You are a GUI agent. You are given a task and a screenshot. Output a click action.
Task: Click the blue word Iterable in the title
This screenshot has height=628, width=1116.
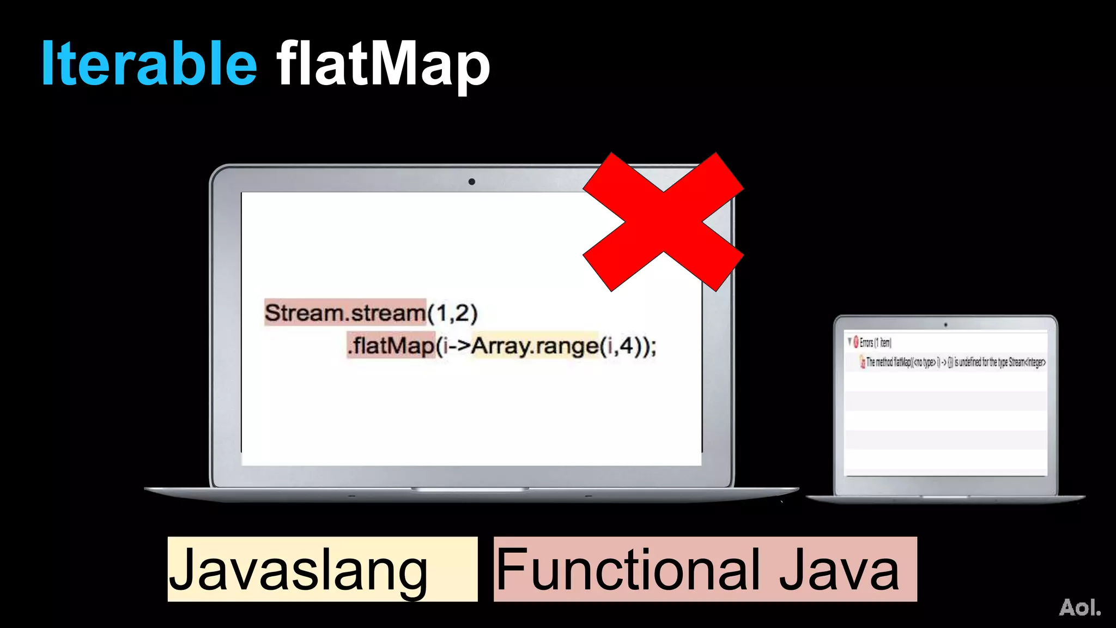pos(149,64)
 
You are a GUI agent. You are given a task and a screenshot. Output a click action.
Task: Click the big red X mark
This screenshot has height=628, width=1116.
pos(663,222)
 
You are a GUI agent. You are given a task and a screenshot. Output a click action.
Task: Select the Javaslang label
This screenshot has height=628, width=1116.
pos(298,569)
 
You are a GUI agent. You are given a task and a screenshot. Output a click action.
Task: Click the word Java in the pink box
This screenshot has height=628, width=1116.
pos(839,569)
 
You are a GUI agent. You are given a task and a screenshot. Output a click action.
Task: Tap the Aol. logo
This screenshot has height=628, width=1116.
pos(1079,607)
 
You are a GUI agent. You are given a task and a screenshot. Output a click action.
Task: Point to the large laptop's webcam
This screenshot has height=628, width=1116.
pos(471,182)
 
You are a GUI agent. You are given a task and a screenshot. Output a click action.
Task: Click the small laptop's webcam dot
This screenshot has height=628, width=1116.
pos(945,325)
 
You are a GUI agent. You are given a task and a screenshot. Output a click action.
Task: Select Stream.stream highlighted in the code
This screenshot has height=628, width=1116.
pos(345,313)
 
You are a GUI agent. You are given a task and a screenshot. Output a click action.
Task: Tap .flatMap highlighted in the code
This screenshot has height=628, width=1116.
pos(391,346)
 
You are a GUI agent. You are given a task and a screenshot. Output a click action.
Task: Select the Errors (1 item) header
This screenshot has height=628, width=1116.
pos(875,342)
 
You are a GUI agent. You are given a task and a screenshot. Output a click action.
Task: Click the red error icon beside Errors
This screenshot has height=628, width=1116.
pos(856,342)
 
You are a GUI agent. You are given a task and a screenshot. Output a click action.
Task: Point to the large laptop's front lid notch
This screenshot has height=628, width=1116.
pos(470,490)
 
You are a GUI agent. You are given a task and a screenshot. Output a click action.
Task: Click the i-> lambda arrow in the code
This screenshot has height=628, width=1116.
pos(456,346)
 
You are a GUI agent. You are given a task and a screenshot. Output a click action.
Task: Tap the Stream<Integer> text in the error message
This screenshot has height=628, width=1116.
pos(1027,362)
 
